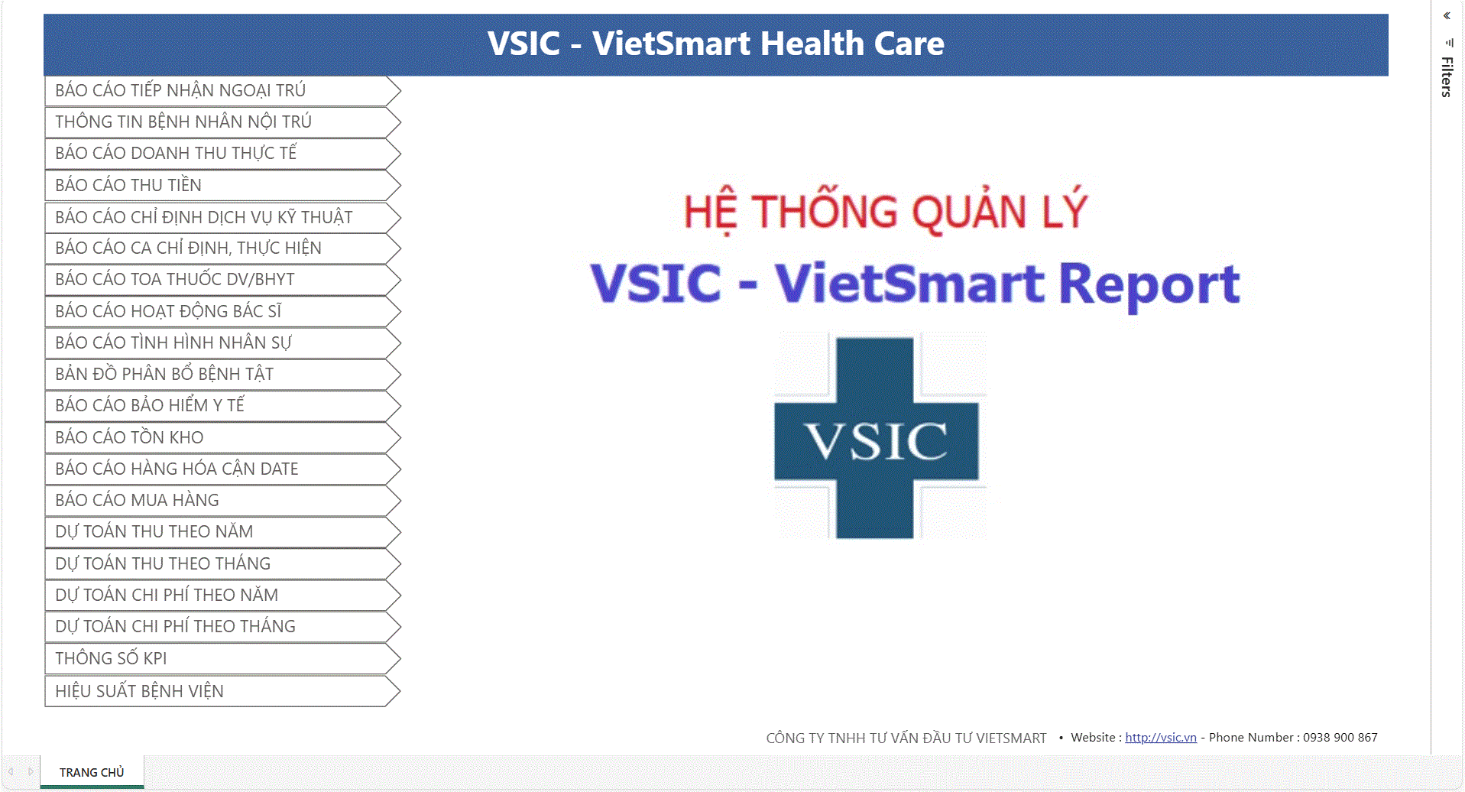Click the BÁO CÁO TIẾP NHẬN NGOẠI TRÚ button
pos(222,90)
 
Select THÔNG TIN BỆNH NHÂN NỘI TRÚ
pos(222,122)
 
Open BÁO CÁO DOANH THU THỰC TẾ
pos(222,154)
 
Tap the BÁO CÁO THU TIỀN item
pos(222,185)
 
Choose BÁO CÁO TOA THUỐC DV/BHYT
pos(222,280)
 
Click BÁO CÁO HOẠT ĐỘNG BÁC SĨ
pos(222,311)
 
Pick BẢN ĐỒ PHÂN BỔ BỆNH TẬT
pos(222,374)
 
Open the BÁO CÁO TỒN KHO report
pos(222,437)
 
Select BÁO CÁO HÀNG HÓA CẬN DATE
pos(222,469)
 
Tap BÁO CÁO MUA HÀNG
pos(222,501)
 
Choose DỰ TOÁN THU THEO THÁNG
pos(222,563)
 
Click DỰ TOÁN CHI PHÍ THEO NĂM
pos(222,595)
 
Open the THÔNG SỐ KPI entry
pos(222,658)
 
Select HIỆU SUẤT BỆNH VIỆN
pos(222,691)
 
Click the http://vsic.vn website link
pos(1160,738)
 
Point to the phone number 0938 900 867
pos(1340,738)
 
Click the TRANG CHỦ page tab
pos(92,772)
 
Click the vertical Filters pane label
pos(1447,77)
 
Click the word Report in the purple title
pos(1149,284)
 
